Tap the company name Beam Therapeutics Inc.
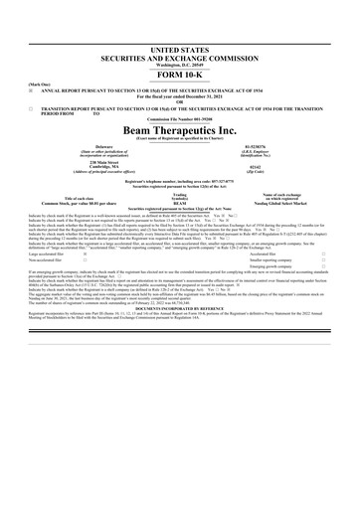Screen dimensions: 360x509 click(180, 130)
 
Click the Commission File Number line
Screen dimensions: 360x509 click(180, 119)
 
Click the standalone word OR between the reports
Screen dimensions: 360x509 click(180, 97)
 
